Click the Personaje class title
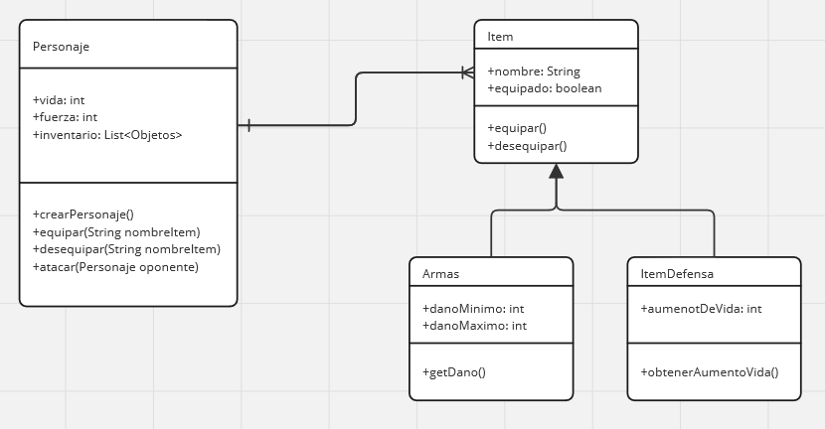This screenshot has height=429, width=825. (x=62, y=47)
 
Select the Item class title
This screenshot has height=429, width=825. (x=500, y=38)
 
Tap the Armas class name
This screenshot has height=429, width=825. (x=440, y=273)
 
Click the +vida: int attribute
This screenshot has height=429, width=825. (x=59, y=100)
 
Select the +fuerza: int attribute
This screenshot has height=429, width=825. (x=65, y=117)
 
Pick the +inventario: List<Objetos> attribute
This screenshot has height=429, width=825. (x=107, y=134)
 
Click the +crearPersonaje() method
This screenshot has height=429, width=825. (x=82, y=214)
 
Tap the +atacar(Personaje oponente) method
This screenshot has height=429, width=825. (x=115, y=267)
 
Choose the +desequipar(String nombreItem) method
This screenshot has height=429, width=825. (x=126, y=249)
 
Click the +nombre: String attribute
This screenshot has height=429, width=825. (x=533, y=71)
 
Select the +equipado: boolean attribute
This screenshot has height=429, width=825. (x=544, y=88)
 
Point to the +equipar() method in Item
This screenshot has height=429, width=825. (x=517, y=128)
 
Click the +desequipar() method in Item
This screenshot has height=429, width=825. (x=527, y=146)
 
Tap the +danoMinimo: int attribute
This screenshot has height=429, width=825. (x=474, y=309)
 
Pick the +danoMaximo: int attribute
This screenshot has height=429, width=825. (x=474, y=326)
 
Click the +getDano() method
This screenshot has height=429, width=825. (x=453, y=372)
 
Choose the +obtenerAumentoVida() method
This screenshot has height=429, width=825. (x=710, y=372)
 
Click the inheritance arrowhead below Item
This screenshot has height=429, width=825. (x=556, y=172)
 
